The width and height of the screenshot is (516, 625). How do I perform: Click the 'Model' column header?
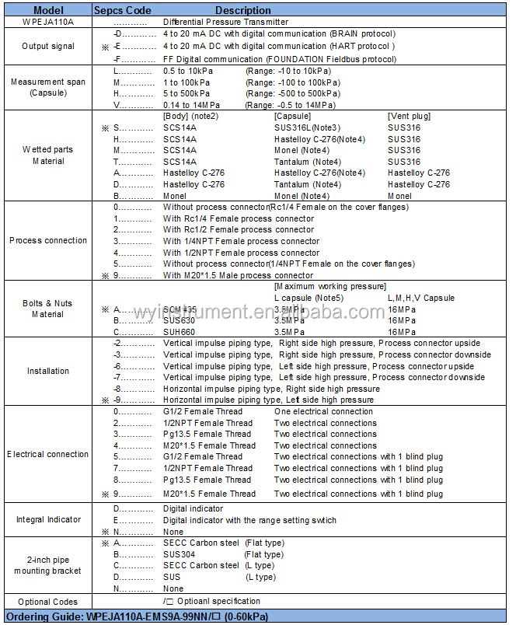coord(47,11)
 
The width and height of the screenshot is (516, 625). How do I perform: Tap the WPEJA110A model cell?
coord(47,23)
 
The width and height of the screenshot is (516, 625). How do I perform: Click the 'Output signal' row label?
coord(47,47)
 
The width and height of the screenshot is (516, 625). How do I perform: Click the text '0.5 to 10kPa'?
coord(188,71)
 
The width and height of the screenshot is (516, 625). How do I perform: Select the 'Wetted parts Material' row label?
coord(47,155)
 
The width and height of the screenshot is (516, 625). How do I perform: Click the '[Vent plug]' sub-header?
coord(409,116)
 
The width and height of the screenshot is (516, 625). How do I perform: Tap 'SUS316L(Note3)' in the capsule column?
coord(307,127)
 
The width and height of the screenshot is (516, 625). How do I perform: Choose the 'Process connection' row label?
coord(47,241)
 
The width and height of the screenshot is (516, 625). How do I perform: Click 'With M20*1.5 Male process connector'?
coord(239,275)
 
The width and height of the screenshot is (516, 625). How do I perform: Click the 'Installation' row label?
coord(47,371)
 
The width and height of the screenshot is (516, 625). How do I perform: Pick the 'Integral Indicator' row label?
coord(47,519)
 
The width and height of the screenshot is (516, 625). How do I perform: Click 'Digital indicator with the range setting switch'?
coord(249,520)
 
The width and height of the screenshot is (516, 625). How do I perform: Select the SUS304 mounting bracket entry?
coord(179,554)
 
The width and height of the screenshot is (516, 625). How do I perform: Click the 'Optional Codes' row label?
coord(47,602)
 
